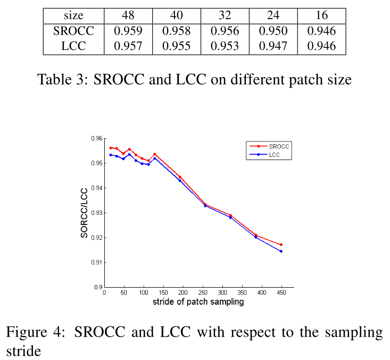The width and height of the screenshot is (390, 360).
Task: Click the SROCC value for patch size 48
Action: (128, 31)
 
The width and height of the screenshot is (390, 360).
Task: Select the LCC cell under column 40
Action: (177, 46)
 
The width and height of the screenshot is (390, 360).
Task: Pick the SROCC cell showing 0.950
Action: (273, 31)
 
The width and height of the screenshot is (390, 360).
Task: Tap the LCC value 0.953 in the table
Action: (225, 46)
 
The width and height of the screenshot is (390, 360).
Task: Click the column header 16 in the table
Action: (321, 15)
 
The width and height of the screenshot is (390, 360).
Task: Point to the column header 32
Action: (225, 15)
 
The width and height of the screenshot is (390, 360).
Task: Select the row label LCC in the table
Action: (73, 46)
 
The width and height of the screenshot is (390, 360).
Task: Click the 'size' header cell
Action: (73, 15)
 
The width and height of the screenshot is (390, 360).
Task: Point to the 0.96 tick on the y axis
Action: (97, 138)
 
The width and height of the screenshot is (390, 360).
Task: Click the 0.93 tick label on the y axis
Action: (97, 213)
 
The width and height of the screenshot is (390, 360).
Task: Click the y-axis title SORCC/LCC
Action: (85, 213)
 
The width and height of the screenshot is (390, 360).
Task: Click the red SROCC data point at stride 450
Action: (281, 245)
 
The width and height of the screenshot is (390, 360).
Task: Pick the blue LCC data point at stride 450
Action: (281, 251)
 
